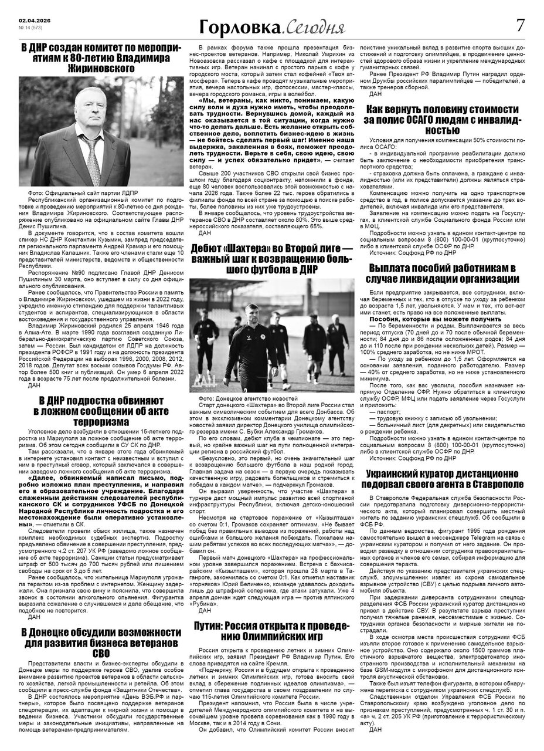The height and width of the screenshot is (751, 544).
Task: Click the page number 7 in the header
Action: coord(519,26)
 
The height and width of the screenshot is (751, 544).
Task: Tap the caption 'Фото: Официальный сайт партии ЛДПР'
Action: coord(78,193)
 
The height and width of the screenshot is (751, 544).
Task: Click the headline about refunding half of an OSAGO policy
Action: coord(442,120)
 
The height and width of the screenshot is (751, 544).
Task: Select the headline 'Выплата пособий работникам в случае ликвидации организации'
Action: coord(442,275)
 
